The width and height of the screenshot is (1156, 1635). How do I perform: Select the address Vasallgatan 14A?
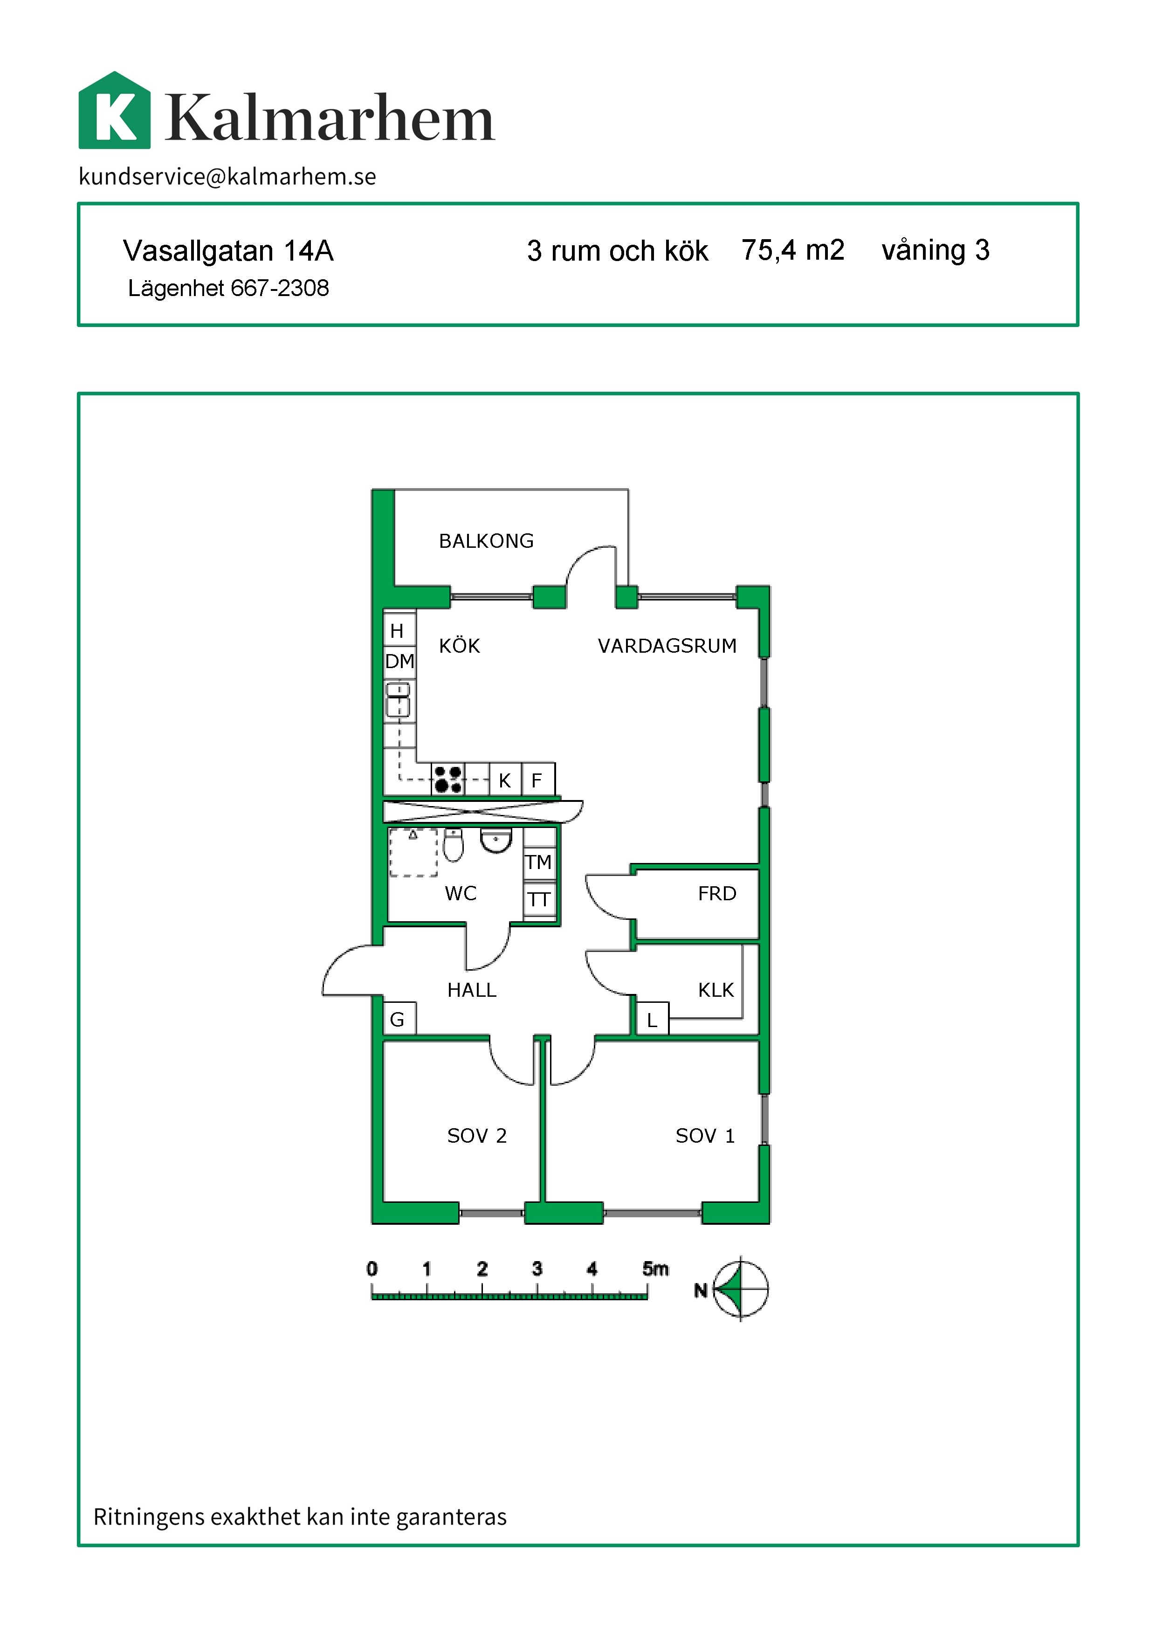click(x=228, y=251)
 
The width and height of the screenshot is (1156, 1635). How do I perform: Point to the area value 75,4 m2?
click(x=793, y=250)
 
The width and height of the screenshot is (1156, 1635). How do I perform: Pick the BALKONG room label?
click(x=486, y=541)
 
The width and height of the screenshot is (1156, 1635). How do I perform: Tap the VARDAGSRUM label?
click(x=667, y=646)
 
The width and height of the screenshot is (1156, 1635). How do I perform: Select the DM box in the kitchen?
click(x=400, y=662)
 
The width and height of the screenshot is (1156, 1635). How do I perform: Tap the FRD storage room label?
click(x=717, y=894)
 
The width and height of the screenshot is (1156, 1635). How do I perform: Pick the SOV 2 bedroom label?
click(x=477, y=1136)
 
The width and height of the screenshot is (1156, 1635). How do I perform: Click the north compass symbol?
click(x=740, y=1289)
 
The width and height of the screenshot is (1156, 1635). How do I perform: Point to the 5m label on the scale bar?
click(x=655, y=1268)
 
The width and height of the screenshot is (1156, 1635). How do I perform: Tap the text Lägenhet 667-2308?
click(x=228, y=289)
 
